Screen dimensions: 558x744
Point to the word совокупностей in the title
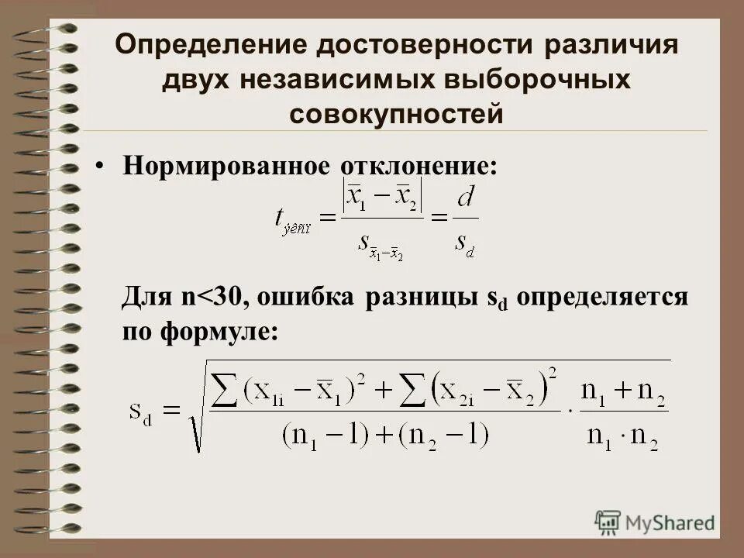[x=397, y=115]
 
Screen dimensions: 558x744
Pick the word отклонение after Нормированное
[x=417, y=167]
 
